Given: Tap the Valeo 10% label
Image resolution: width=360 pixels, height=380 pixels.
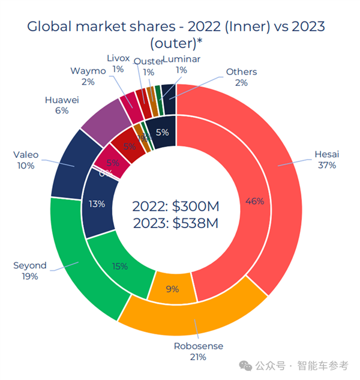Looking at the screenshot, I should (26, 160).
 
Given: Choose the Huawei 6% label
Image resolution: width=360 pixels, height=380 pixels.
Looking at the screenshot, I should (62, 106).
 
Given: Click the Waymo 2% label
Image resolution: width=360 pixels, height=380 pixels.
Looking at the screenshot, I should (88, 76).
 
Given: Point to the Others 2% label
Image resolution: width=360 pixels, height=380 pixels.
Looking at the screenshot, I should (241, 77).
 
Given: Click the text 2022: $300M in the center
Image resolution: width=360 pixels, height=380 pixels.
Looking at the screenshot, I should (175, 207).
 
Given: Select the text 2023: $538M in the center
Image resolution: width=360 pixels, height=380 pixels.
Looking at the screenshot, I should (175, 223).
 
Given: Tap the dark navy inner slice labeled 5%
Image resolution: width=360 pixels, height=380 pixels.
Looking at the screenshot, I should (161, 132).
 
